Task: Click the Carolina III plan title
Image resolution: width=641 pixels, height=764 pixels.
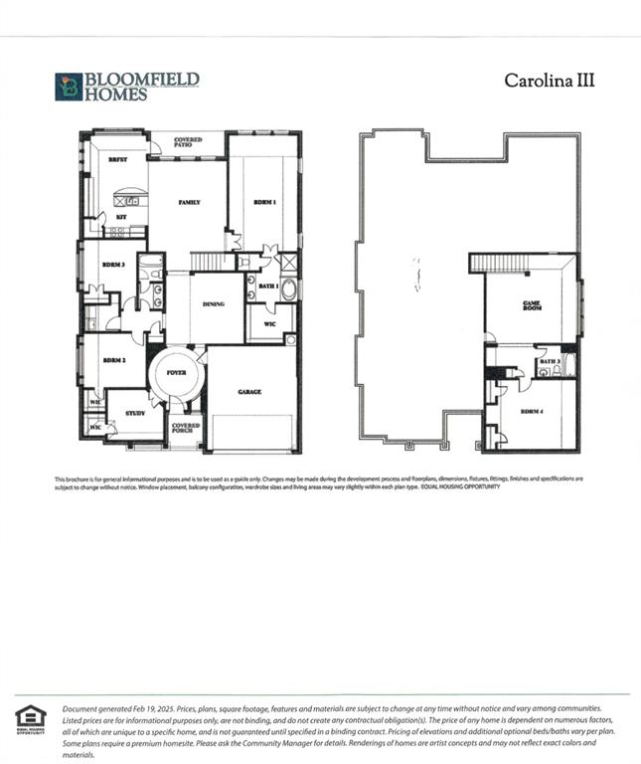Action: [x=549, y=81]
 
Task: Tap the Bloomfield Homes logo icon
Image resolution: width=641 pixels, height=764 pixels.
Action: [x=68, y=87]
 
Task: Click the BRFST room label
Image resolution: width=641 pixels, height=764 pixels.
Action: [x=118, y=159]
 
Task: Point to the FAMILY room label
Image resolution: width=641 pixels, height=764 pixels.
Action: [x=189, y=202]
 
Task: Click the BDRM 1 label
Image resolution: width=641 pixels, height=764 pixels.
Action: [x=263, y=202]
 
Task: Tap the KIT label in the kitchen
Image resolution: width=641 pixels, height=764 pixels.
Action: [x=120, y=216]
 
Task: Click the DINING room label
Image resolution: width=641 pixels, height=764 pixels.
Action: [x=213, y=304]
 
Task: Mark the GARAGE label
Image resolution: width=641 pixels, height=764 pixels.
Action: [x=249, y=392]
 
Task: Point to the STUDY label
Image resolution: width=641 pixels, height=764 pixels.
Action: [x=135, y=413]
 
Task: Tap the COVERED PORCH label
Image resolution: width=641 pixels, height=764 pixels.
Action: [x=186, y=428]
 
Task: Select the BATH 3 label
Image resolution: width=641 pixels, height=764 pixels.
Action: [x=551, y=361]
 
